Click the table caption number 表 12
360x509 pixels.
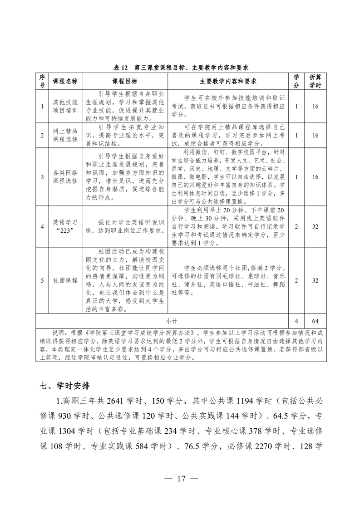[121, 67]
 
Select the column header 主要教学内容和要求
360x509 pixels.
[228, 81]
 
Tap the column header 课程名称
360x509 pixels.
[65, 81]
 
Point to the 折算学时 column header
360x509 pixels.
[315, 81]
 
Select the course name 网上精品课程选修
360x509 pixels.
[65, 135]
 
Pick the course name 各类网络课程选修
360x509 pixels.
[65, 176]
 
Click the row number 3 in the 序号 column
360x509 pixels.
[42, 176]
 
